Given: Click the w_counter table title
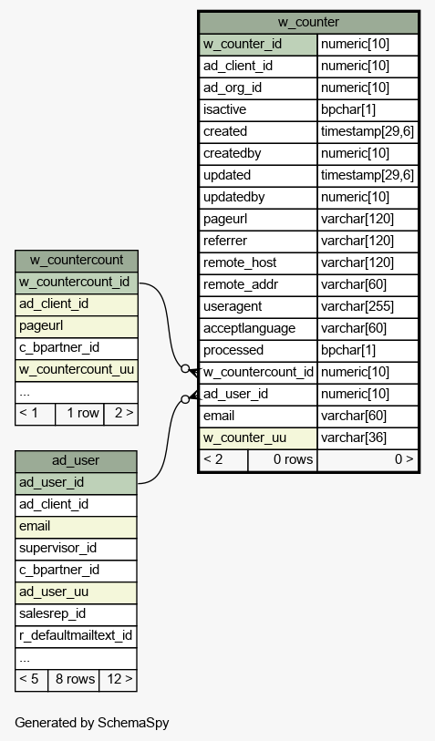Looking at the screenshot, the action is (x=308, y=22).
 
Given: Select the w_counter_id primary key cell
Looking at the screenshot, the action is (x=258, y=45).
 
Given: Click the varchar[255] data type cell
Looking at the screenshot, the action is (x=368, y=307).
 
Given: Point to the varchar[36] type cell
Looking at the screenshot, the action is (x=368, y=438).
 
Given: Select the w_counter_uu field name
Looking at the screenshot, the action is (x=258, y=438).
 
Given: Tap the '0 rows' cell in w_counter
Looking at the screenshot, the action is (x=283, y=459).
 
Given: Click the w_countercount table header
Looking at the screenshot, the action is (x=77, y=261).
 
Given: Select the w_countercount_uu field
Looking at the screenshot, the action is (x=77, y=370).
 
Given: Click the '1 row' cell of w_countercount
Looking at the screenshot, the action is (x=79, y=414).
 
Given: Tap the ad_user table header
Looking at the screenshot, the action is (x=76, y=461).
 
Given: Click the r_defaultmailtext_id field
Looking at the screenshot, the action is (x=76, y=636).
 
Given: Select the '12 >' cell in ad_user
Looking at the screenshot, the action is (x=119, y=680).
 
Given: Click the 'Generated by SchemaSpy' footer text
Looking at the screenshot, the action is (x=92, y=723).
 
